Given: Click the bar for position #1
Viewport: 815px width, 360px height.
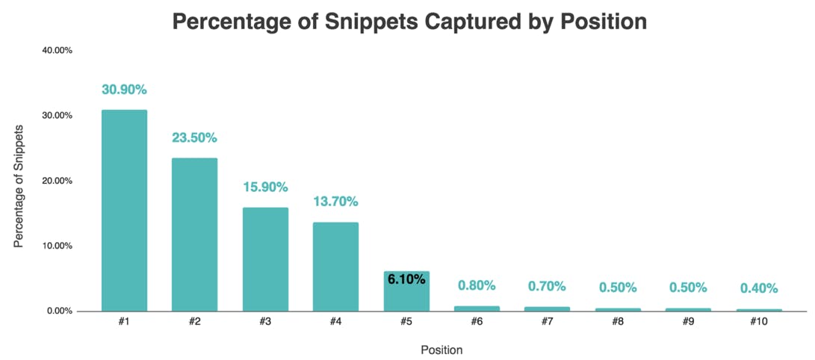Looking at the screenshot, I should [124, 210].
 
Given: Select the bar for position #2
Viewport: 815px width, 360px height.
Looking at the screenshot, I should [194, 234].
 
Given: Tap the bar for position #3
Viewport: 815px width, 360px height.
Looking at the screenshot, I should [265, 258].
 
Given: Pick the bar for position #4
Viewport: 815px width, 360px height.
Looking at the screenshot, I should [336, 266].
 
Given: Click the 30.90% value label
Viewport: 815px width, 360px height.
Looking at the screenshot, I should [124, 90].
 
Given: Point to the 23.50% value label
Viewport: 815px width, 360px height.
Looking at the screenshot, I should [194, 137].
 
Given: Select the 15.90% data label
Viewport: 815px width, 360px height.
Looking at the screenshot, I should [265, 187].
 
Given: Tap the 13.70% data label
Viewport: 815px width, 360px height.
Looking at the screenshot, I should [336, 202].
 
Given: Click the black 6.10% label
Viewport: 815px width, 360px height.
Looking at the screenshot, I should [406, 279].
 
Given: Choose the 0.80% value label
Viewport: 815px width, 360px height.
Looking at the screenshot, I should [477, 285].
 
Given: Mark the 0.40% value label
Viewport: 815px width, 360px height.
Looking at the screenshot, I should [759, 288].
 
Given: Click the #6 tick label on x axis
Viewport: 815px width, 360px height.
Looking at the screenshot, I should [477, 322].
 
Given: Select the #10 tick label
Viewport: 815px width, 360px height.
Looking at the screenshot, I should [759, 322].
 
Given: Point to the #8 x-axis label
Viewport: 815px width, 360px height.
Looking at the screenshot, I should [618, 322].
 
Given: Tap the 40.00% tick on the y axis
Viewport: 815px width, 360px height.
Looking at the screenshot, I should [57, 51].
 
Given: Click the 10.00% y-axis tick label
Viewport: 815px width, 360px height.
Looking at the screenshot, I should [57, 246].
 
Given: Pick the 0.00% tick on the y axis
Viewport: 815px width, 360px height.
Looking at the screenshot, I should [59, 311].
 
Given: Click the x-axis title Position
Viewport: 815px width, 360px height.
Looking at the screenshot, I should [441, 350].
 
